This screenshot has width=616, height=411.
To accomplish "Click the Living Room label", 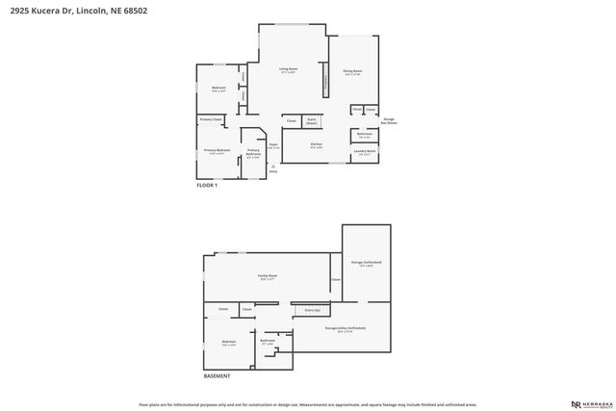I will [x=288, y=70].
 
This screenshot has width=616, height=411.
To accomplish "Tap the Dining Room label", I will [x=351, y=71].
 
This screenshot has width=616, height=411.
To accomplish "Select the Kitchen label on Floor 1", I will [x=316, y=145].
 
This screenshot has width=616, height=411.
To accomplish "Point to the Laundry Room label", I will [x=365, y=151].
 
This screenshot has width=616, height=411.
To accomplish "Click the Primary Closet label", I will [x=211, y=119].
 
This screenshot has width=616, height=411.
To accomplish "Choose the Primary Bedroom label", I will [x=217, y=151].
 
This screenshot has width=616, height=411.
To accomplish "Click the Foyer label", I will [x=273, y=146].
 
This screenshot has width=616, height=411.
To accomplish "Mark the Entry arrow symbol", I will [x=273, y=167].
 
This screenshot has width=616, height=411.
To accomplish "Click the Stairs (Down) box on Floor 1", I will [x=312, y=121].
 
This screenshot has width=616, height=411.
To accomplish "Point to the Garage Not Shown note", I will [x=389, y=120].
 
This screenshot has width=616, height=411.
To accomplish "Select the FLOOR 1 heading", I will [x=207, y=185].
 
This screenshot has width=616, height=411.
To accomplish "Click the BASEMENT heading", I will [x=217, y=376].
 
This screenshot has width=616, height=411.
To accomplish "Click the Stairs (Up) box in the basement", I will [x=311, y=310].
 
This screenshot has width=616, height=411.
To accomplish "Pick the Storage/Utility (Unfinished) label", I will [x=345, y=329].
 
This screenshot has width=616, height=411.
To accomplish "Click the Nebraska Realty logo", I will [x=591, y=404].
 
